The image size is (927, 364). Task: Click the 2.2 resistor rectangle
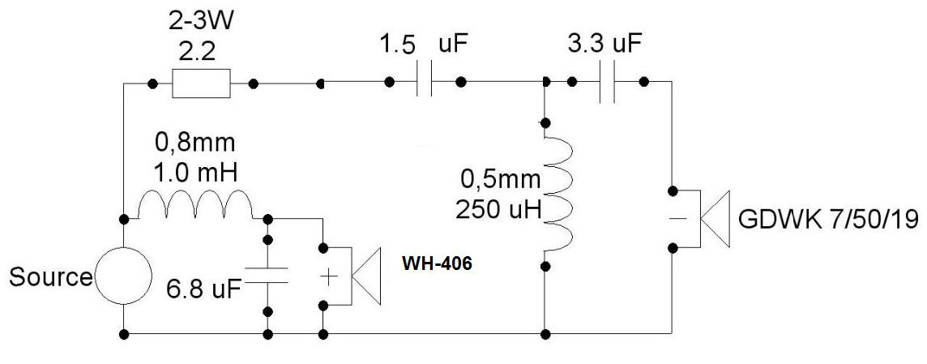(201, 84)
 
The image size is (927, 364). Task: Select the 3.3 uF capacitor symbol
(607, 82)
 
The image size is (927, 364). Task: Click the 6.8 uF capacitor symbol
(267, 275)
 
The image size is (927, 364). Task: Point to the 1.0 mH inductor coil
(195, 204)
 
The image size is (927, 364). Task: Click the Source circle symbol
(124, 276)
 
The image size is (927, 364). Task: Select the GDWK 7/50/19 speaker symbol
(707, 219)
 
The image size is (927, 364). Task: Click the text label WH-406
(437, 264)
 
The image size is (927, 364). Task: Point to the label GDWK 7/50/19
(828, 221)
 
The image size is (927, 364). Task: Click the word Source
(51, 277)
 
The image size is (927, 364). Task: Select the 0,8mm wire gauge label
(195, 143)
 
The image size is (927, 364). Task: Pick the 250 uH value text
(498, 210)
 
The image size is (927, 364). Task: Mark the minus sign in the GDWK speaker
(678, 219)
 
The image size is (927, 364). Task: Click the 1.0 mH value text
(195, 173)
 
